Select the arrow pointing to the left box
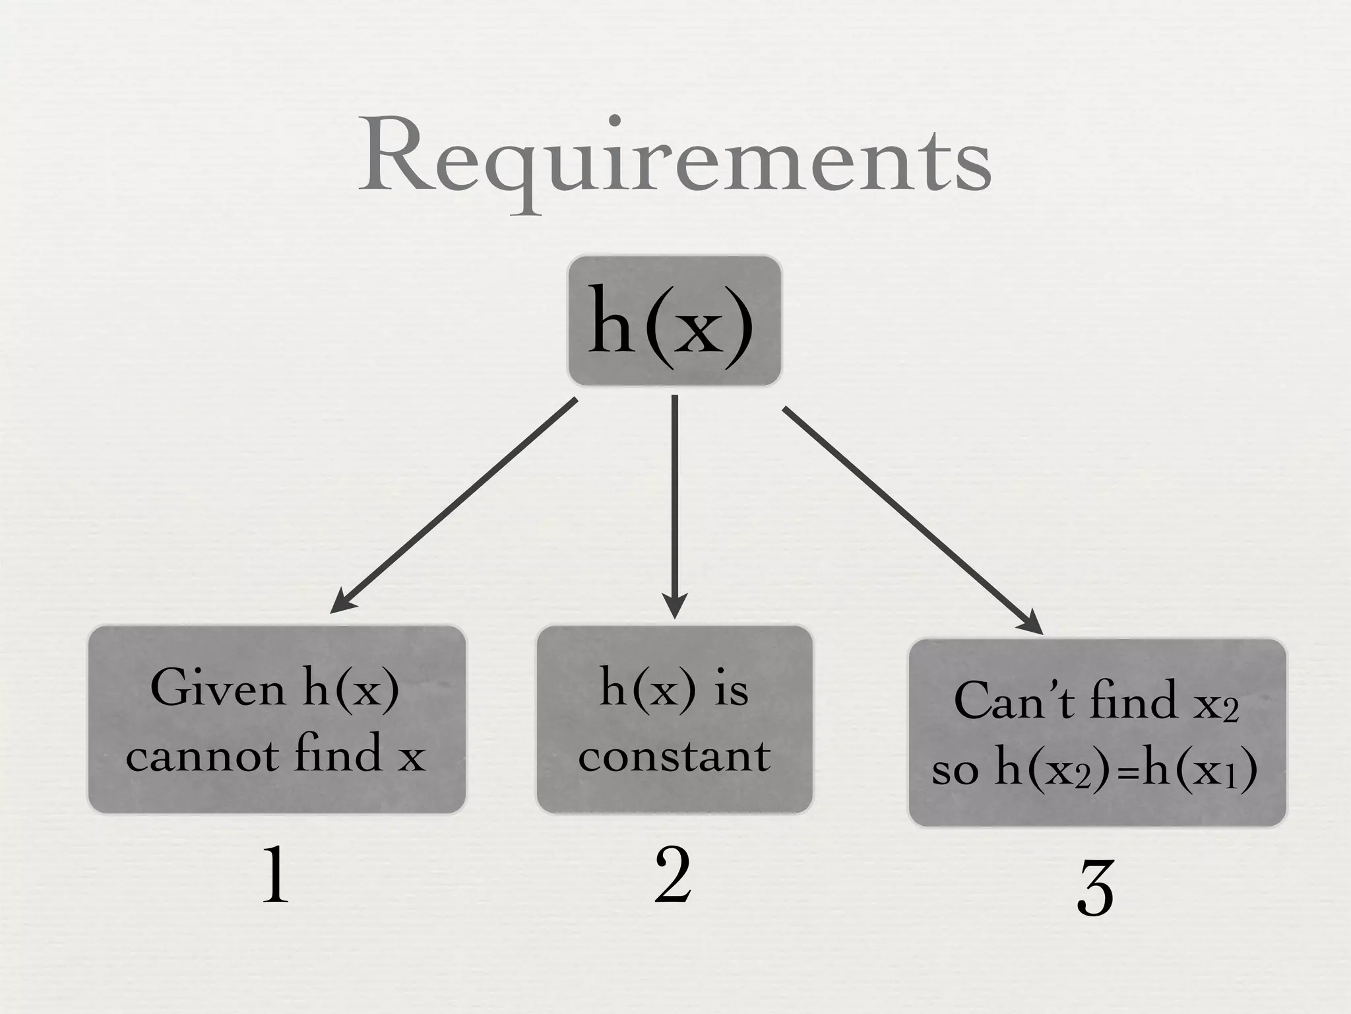click(x=455, y=504)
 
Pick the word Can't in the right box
click(x=1013, y=701)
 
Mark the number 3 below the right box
click(x=1095, y=889)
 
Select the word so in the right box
click(x=955, y=770)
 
